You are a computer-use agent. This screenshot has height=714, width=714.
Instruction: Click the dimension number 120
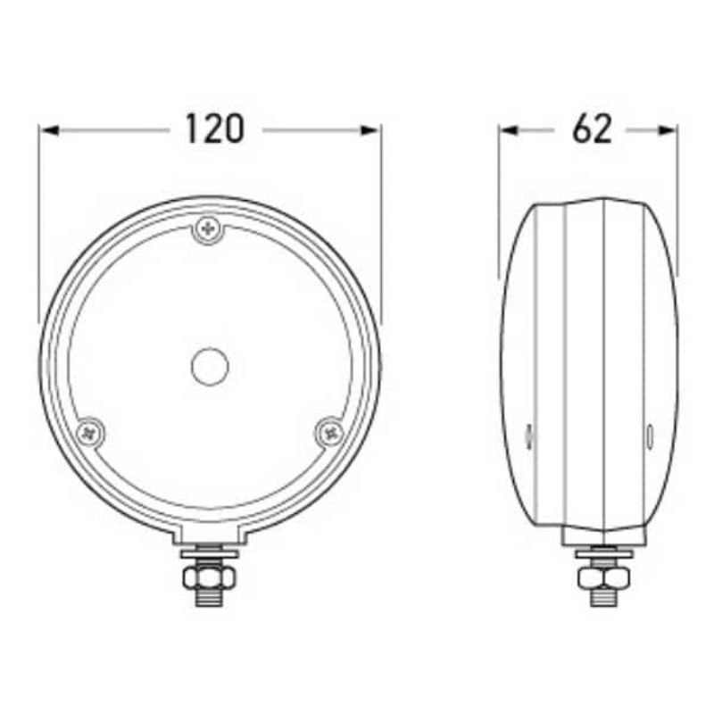(x=215, y=129)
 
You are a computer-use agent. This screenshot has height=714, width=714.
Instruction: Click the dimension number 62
(x=593, y=129)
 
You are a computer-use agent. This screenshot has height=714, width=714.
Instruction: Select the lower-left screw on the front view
(x=91, y=431)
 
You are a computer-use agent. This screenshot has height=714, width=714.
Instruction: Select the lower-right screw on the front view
(x=330, y=431)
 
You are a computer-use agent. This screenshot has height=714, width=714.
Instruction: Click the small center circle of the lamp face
(x=211, y=366)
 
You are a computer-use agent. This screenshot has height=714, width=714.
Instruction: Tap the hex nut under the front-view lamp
(x=211, y=579)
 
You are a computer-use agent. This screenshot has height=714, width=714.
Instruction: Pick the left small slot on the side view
(x=528, y=436)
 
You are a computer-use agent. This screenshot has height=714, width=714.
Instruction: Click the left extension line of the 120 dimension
(x=39, y=223)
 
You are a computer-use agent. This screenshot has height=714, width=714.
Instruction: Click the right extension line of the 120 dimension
(x=381, y=223)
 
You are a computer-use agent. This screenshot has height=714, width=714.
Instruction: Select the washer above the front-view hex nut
(x=211, y=560)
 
